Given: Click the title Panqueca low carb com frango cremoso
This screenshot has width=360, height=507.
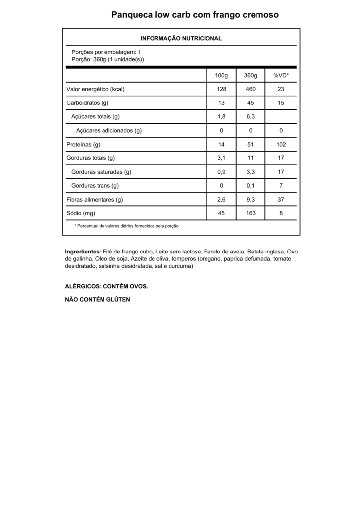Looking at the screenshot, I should (195, 15).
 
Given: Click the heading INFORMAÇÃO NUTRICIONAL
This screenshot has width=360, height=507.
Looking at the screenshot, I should (181, 38).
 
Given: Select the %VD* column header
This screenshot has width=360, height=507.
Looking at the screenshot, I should (281, 75).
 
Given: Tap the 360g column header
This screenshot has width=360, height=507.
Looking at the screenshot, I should (251, 75).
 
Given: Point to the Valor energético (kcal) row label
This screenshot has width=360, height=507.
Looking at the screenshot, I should (95, 89).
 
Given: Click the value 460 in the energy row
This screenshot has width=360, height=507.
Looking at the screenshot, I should (251, 89).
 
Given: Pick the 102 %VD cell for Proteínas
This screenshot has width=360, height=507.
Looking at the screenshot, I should (281, 145).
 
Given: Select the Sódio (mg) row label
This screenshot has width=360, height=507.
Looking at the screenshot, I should (81, 213).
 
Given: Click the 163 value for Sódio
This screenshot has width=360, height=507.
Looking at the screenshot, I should (251, 213).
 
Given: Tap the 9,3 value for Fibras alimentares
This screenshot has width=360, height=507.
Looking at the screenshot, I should (251, 200).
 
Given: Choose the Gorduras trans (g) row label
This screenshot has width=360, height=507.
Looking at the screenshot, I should (95, 186).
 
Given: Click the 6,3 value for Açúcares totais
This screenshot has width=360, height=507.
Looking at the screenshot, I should (251, 117).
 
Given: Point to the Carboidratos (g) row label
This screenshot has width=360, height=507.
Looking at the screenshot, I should (87, 103).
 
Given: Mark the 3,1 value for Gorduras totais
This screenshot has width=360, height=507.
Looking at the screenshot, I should (221, 158).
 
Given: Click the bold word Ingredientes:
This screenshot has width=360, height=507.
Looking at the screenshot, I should (83, 252).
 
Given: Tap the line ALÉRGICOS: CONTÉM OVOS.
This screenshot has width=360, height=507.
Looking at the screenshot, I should (106, 287).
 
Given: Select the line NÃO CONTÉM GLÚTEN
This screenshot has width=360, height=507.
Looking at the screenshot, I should (98, 300).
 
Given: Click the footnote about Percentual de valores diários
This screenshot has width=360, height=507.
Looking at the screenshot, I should (126, 226).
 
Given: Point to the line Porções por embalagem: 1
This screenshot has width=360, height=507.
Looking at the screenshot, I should (106, 52).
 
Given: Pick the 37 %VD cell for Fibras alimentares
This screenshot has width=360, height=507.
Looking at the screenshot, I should (281, 200).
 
